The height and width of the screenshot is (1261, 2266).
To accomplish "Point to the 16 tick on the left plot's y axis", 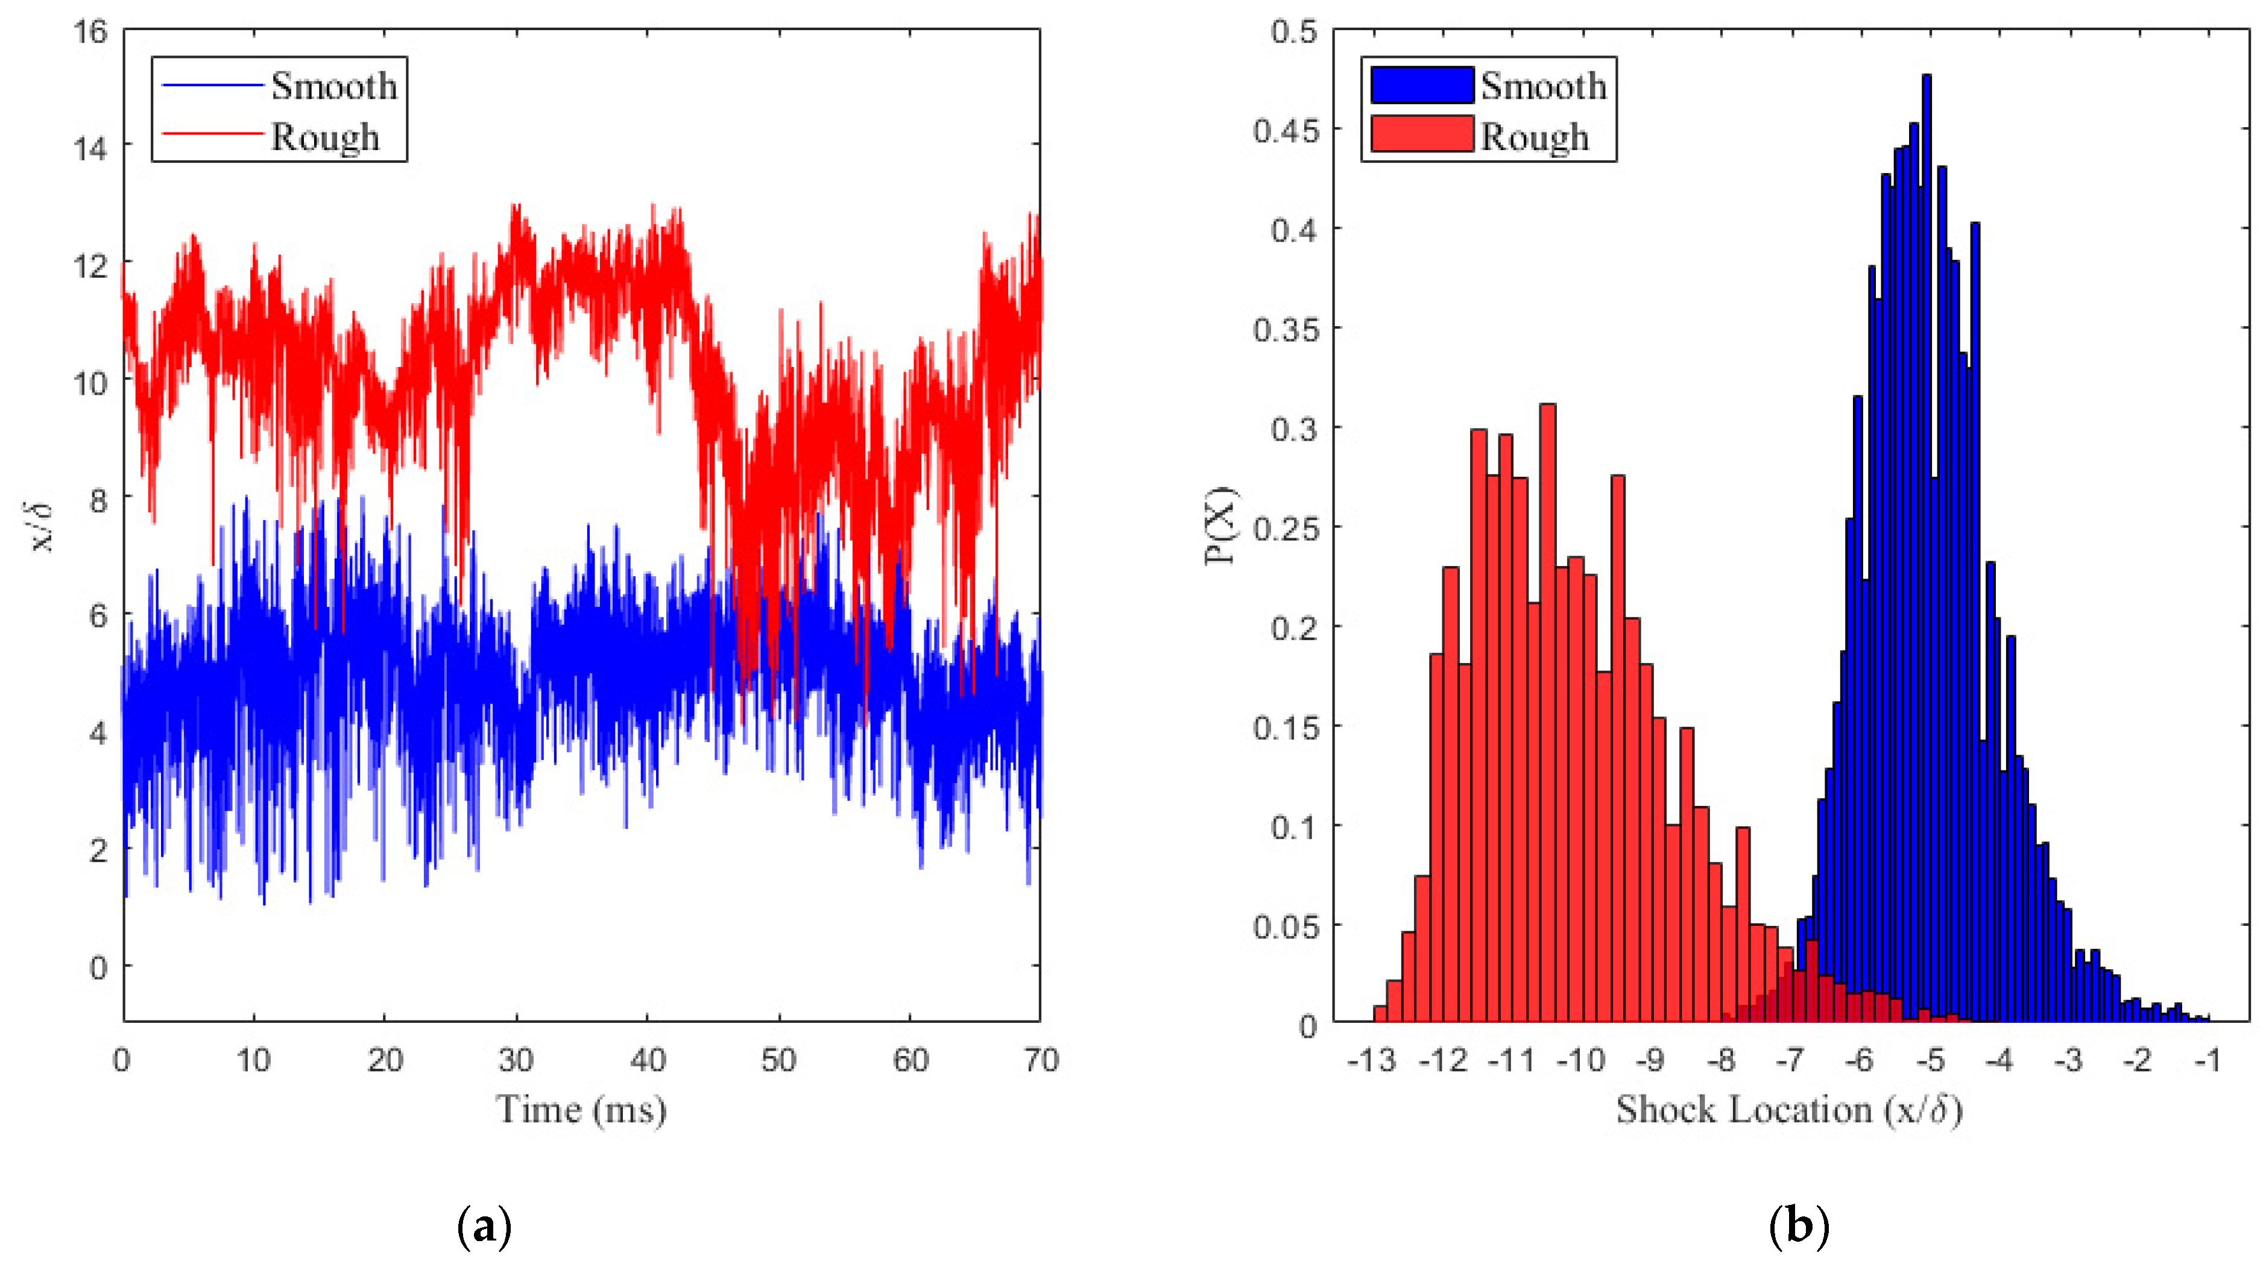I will [x=90, y=32].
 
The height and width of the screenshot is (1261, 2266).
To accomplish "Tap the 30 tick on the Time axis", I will [x=516, y=1060].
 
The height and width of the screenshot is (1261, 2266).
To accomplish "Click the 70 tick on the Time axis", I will [x=1041, y=1060].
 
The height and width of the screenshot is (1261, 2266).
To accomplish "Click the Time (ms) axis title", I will [x=581, y=1110].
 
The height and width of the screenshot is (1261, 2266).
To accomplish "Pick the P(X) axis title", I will [x=1222, y=526].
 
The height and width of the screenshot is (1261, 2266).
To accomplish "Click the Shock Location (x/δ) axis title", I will [x=1788, y=1110].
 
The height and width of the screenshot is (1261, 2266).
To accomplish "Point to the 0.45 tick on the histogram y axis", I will [x=1286, y=131].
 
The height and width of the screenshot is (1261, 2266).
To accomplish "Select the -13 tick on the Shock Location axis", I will [x=1372, y=1060].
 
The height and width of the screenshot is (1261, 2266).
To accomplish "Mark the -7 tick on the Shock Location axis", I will [x=1790, y=1060].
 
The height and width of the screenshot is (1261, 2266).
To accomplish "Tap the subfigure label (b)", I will [x=1799, y=1226].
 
